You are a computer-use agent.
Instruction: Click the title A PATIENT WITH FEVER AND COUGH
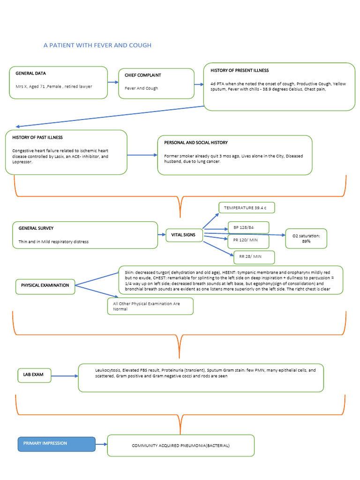(x=97, y=45)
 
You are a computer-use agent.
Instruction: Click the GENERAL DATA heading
(x=31, y=74)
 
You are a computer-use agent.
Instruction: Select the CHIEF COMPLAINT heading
(x=143, y=75)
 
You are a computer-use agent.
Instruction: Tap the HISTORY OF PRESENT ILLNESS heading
(x=240, y=71)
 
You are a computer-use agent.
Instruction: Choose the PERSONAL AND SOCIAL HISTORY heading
(x=196, y=142)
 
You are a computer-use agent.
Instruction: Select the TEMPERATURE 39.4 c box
(x=246, y=208)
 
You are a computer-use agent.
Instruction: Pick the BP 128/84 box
(x=248, y=228)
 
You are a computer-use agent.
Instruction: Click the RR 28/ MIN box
(x=254, y=257)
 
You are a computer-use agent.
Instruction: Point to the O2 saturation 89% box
(x=306, y=239)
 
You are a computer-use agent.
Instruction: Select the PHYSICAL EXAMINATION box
(x=45, y=285)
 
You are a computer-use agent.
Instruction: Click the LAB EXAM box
(x=34, y=375)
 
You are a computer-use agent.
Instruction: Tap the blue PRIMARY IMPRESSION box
(x=56, y=443)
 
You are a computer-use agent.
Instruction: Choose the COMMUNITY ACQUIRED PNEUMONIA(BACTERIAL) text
(x=181, y=446)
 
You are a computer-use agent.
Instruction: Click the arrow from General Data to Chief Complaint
(x=112, y=82)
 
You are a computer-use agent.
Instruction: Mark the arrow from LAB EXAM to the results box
(x=64, y=375)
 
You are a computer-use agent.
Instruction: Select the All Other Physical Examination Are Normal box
(x=150, y=307)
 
